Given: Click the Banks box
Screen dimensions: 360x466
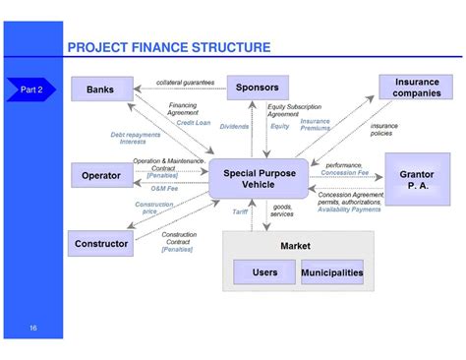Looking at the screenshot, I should click(100, 90).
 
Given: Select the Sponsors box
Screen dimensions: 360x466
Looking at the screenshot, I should click(257, 88).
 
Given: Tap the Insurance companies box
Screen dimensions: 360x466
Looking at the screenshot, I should click(416, 88).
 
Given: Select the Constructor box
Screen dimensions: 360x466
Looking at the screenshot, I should click(100, 243).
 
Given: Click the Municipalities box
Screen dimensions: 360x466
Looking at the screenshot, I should click(331, 272).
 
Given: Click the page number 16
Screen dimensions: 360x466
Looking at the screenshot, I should click(33, 328).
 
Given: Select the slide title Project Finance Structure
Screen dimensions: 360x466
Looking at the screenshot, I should click(168, 47).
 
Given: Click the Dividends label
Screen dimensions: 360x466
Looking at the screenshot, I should click(234, 126).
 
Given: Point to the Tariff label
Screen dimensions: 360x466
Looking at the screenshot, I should click(240, 210).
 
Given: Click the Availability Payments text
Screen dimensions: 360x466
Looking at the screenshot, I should click(349, 209).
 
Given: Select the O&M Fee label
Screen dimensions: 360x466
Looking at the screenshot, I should click(164, 188).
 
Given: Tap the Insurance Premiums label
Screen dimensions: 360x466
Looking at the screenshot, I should click(315, 124).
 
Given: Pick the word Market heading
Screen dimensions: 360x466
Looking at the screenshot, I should click(295, 245).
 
